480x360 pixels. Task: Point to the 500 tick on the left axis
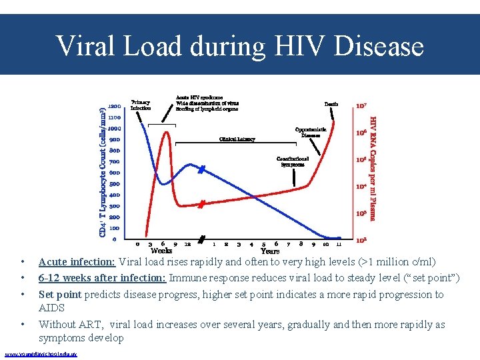tap(115, 184)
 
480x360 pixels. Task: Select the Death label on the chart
tap(331, 105)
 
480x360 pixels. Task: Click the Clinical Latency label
tap(237, 139)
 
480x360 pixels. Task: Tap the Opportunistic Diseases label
tap(310, 132)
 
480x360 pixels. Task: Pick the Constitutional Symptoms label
tap(293, 161)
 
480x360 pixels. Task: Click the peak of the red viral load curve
tap(165, 131)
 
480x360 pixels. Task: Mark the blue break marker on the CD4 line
tap(201, 171)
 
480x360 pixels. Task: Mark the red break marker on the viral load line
tap(201, 204)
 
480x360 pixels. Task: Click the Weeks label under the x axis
tap(161, 251)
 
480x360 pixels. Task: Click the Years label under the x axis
tap(269, 251)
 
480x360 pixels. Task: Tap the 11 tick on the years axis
tap(338, 244)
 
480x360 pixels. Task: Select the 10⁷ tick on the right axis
tap(361, 105)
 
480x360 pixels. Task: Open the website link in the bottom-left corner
tap(40, 353)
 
